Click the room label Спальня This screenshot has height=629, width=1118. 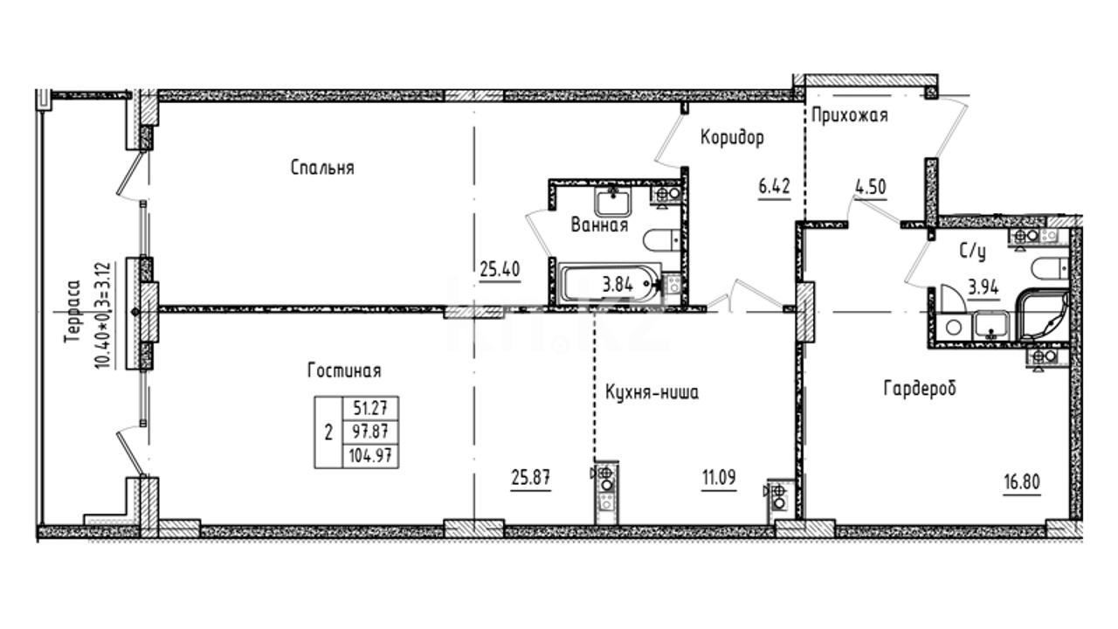pyautogui.click(x=322, y=168)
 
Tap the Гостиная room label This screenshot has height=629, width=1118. pyautogui.click(x=344, y=371)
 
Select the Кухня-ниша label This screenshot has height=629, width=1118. pyautogui.click(x=652, y=393)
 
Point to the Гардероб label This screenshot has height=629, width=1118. pyautogui.click(x=920, y=388)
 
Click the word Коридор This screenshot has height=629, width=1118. pyautogui.click(x=732, y=137)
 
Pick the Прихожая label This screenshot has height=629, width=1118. pyautogui.click(x=850, y=115)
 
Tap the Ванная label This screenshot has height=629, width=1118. pyautogui.click(x=599, y=225)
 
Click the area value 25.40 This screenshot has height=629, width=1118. pyautogui.click(x=500, y=270)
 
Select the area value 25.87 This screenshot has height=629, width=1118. pyautogui.click(x=531, y=478)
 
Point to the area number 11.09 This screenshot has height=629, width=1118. pyautogui.click(x=719, y=478)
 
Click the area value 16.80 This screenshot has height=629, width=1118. pyautogui.click(x=1022, y=482)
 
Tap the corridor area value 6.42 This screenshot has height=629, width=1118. pyautogui.click(x=774, y=187)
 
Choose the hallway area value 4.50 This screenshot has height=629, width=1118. pyautogui.click(x=871, y=187)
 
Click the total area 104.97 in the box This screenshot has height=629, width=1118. pyautogui.click(x=371, y=456)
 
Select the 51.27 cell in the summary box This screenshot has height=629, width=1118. pyautogui.click(x=370, y=409)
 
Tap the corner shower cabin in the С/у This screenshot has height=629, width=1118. pyautogui.click(x=1041, y=315)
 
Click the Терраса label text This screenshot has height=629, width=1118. pyautogui.click(x=72, y=312)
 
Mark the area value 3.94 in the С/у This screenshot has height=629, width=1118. pyautogui.click(x=983, y=287)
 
